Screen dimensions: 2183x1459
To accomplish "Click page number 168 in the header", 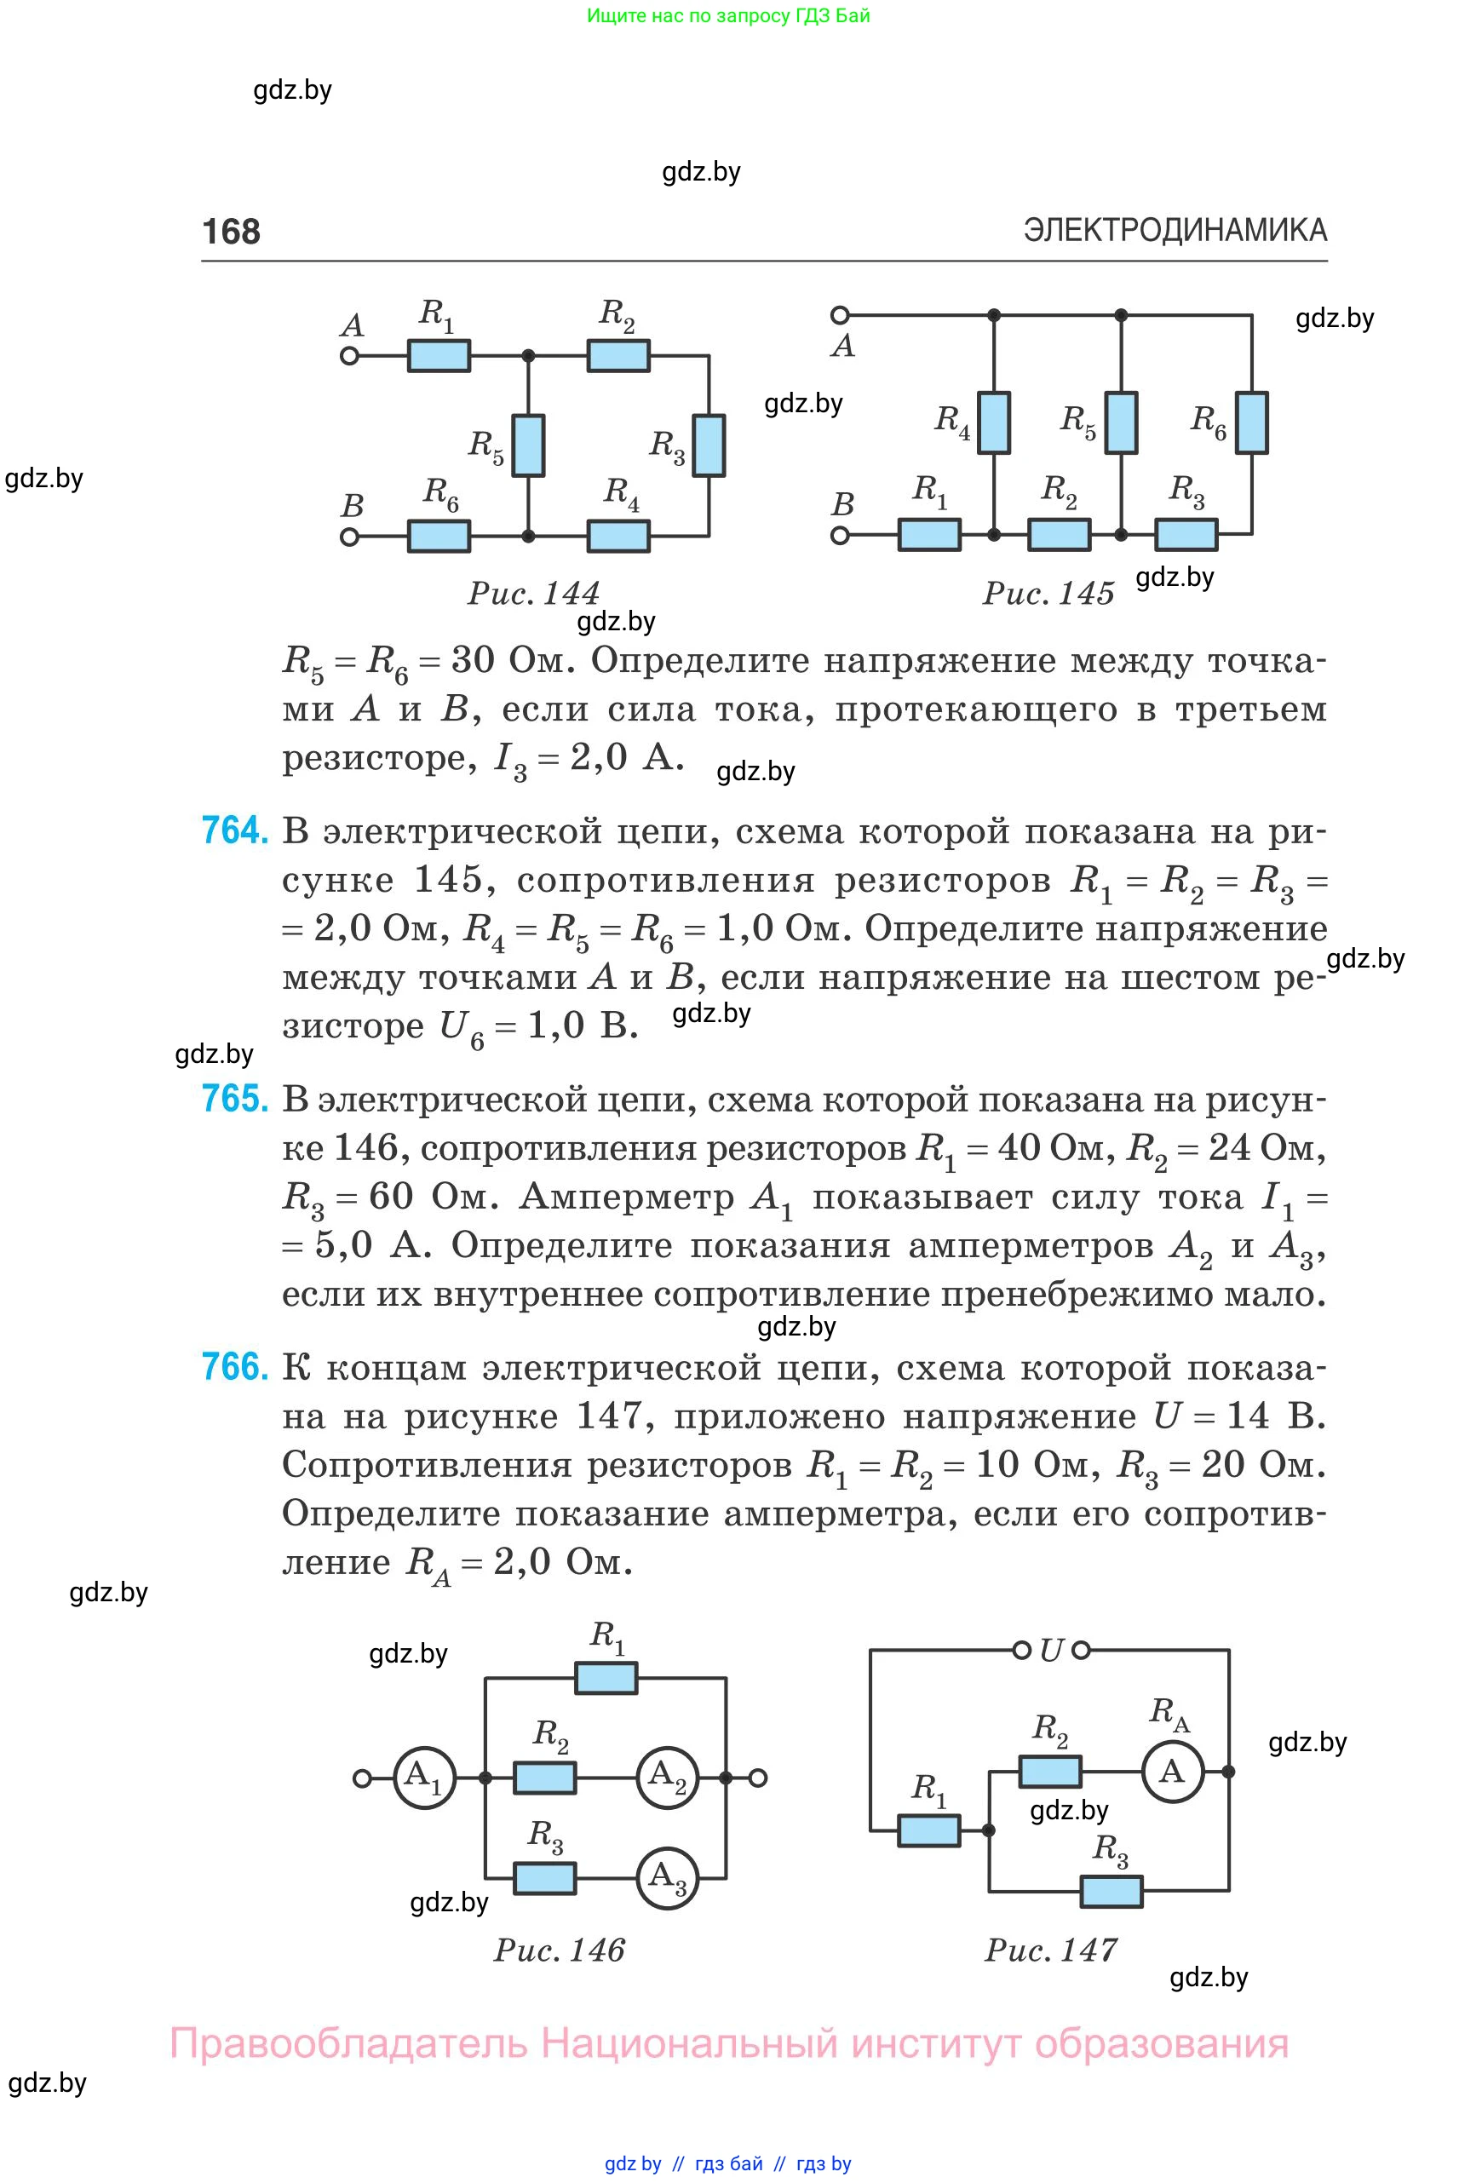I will (231, 231).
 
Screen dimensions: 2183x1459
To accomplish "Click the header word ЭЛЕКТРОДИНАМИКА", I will (1175, 230).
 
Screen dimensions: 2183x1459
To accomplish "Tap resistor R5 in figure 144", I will (529, 445).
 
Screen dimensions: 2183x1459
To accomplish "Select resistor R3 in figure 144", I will (709, 445).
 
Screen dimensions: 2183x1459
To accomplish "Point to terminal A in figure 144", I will (350, 355).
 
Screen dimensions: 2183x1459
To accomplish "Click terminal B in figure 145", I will (841, 535).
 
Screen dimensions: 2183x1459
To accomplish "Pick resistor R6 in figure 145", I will (1251, 422).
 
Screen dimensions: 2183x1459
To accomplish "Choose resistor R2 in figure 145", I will (1059, 535).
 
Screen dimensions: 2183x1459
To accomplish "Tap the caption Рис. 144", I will (533, 593).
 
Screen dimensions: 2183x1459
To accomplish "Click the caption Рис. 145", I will (1048, 593).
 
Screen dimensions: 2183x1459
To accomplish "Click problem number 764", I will (234, 830).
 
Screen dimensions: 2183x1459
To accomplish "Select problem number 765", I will (234, 1099).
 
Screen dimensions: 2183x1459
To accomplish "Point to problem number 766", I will (234, 1367).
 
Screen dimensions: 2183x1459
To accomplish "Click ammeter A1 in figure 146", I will (425, 1778).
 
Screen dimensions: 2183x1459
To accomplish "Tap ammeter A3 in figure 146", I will (667, 1878).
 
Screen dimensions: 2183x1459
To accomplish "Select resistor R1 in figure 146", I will (606, 1678).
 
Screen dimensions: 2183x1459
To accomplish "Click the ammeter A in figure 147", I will (1173, 1771).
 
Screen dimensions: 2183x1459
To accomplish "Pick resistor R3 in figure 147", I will (1111, 1890).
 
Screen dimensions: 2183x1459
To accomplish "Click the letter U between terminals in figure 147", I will (1051, 1651).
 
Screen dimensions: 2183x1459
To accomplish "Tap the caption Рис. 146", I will (560, 1950).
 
